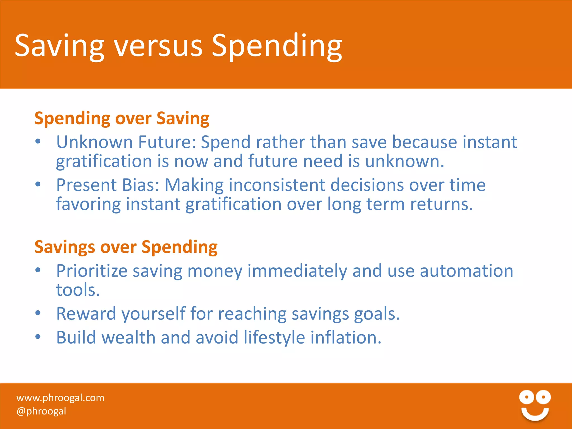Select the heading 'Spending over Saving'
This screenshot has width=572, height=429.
click(x=122, y=118)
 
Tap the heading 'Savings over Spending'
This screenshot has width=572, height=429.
click(x=126, y=247)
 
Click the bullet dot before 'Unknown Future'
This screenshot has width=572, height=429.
click(x=38, y=142)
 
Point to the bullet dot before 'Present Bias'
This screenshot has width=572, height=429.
click(x=38, y=184)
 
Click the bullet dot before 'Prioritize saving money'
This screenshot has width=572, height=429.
click(x=38, y=270)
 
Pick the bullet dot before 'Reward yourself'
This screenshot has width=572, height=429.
click(x=38, y=313)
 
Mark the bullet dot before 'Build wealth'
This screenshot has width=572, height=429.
click(x=38, y=337)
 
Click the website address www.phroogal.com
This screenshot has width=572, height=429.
click(x=60, y=397)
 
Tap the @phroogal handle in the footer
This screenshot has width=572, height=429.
click(x=41, y=411)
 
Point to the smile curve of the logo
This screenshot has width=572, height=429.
click(x=535, y=414)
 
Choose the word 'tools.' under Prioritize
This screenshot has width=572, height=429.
click(x=78, y=290)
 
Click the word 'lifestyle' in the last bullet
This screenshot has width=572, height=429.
click(x=274, y=337)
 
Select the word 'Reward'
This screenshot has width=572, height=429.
click(x=86, y=313)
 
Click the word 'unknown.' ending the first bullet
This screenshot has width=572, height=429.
click(x=404, y=161)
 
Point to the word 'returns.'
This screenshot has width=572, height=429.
click(x=442, y=204)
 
